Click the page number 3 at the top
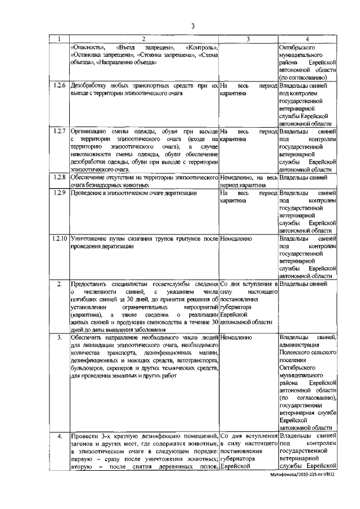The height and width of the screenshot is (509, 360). (x=192, y=25)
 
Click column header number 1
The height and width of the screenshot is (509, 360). (x=59, y=39)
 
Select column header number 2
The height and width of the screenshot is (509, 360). (x=143, y=39)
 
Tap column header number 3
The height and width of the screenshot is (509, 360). (x=248, y=39)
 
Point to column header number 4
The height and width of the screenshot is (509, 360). (x=307, y=39)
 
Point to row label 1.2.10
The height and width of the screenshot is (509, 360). (x=60, y=239)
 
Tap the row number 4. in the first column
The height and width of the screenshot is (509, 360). (x=59, y=436)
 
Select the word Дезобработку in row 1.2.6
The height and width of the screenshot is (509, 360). (x=89, y=85)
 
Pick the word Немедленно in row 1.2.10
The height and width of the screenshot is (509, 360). (x=236, y=239)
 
